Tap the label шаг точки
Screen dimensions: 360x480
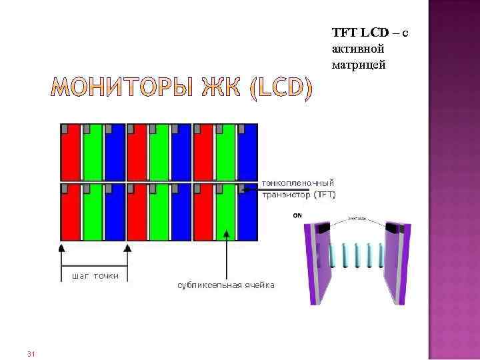91,275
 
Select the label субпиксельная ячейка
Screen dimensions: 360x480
225,285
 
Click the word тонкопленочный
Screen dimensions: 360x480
299,182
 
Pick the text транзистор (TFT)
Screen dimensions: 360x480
299,195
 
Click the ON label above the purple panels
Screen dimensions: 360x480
297,215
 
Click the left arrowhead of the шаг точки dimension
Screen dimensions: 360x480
61,247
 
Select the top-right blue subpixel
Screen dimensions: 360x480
248,152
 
